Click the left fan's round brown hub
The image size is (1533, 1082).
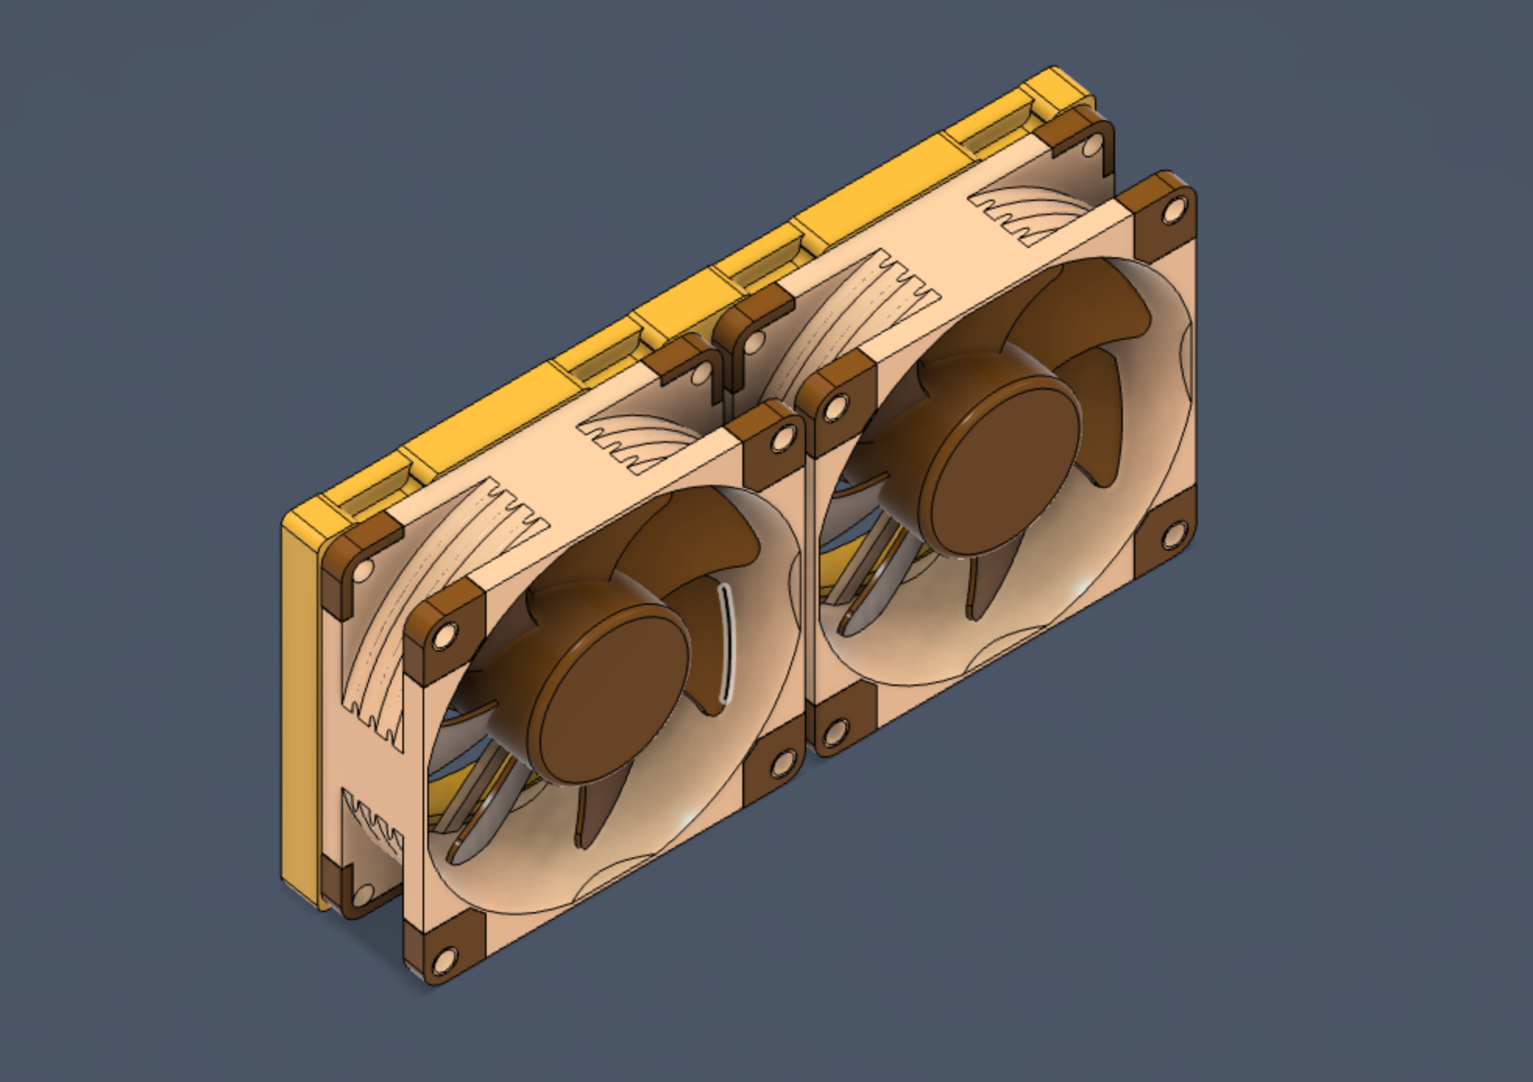tap(616, 686)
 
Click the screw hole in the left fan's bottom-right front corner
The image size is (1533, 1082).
tap(779, 766)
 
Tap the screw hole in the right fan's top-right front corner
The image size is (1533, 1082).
tap(1172, 212)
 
